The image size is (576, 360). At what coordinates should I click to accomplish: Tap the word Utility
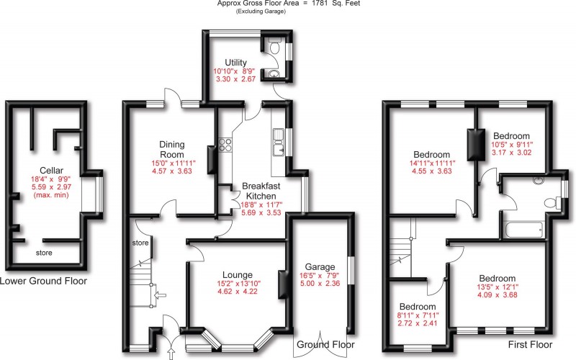pyautogui.click(x=235, y=63)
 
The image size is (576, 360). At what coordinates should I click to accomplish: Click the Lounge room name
pyautogui.click(x=238, y=274)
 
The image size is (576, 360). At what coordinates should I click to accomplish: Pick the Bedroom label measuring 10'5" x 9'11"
pyautogui.click(x=511, y=136)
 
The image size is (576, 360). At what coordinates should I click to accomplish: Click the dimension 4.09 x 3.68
pyautogui.click(x=497, y=299)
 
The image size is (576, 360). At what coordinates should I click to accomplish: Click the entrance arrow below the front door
pyautogui.click(x=171, y=352)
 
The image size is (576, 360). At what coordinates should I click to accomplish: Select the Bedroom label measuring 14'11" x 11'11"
pyautogui.click(x=432, y=154)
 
